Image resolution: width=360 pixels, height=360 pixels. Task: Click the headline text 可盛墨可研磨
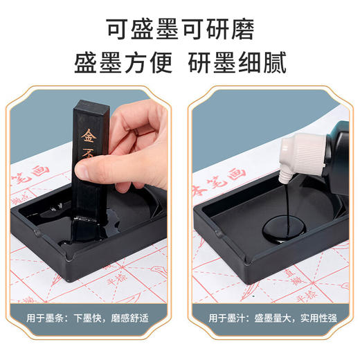click(x=180, y=30)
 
